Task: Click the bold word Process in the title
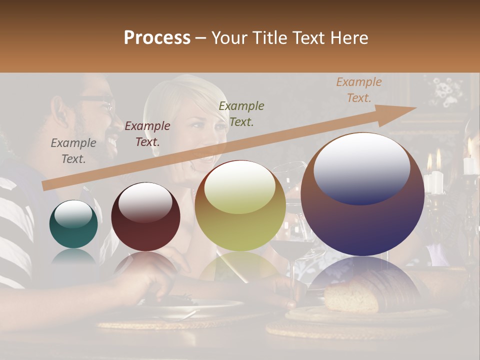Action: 157,38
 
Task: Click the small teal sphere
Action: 73,224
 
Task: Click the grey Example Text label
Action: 73,150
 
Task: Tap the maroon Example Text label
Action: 147,133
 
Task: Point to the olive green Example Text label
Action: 241,113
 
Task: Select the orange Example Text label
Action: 358,90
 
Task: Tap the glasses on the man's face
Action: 100,102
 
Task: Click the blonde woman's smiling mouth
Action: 204,160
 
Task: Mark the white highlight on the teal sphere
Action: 73,214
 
